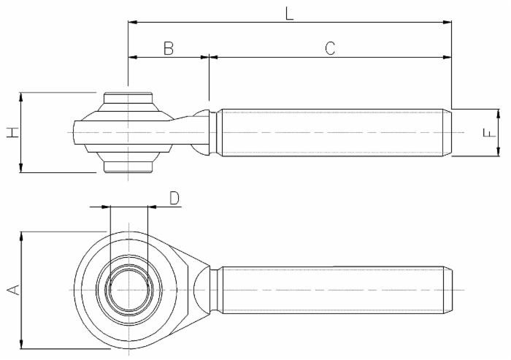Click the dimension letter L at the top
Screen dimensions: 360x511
pyautogui.click(x=290, y=12)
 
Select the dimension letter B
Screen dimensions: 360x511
pyautogui.click(x=168, y=48)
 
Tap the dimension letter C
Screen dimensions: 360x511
pyautogui.click(x=330, y=48)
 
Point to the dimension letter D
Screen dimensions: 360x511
pyautogui.click(x=174, y=198)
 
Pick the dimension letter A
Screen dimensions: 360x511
pyautogui.click(x=12, y=290)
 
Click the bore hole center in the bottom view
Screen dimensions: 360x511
pyautogui.click(x=128, y=290)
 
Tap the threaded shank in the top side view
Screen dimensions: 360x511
pyautogui.click(x=332, y=132)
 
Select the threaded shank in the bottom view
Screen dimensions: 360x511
pyautogui.click(x=332, y=290)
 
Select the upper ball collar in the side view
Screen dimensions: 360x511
pyautogui.click(x=128, y=99)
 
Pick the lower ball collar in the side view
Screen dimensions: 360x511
pyautogui.click(x=128, y=165)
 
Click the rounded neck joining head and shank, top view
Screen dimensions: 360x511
pyautogui.click(x=201, y=132)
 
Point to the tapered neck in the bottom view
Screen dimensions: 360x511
pyautogui.click(x=201, y=290)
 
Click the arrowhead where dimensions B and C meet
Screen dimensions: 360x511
pyautogui.click(x=209, y=56)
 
